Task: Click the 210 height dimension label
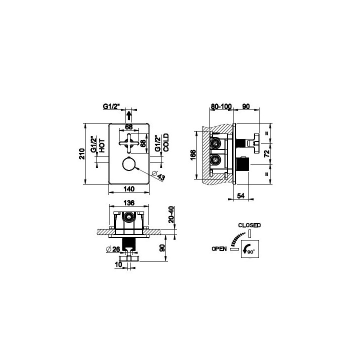point(81,154)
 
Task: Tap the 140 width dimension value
point(129,189)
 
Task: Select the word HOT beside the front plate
point(101,145)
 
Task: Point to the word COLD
point(166,142)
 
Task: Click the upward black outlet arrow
point(129,115)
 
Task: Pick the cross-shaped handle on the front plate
point(129,143)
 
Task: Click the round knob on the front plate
point(129,164)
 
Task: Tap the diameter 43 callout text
point(158,175)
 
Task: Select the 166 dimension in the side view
point(193,155)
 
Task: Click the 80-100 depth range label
point(221,106)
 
